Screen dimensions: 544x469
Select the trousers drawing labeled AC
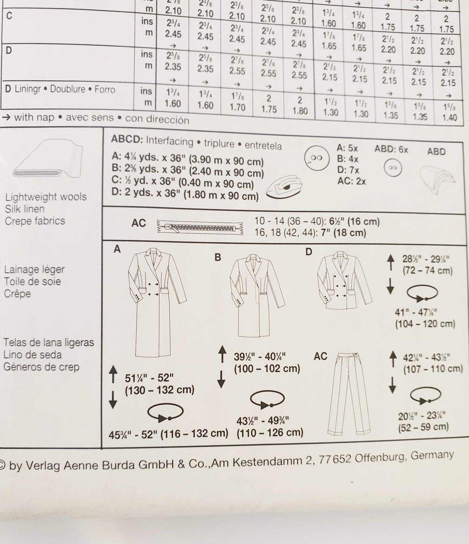coord(347,393)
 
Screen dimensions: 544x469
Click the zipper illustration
coord(200,227)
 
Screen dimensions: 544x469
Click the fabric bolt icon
coord(48,158)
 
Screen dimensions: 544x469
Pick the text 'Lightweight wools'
coord(46,197)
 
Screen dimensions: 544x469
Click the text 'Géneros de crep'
coord(42,367)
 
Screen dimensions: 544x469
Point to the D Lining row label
coord(60,89)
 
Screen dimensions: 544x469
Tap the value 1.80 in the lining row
coord(300,111)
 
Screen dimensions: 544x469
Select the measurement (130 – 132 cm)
coord(159,390)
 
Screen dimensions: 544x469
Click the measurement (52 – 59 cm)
coord(423,427)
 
